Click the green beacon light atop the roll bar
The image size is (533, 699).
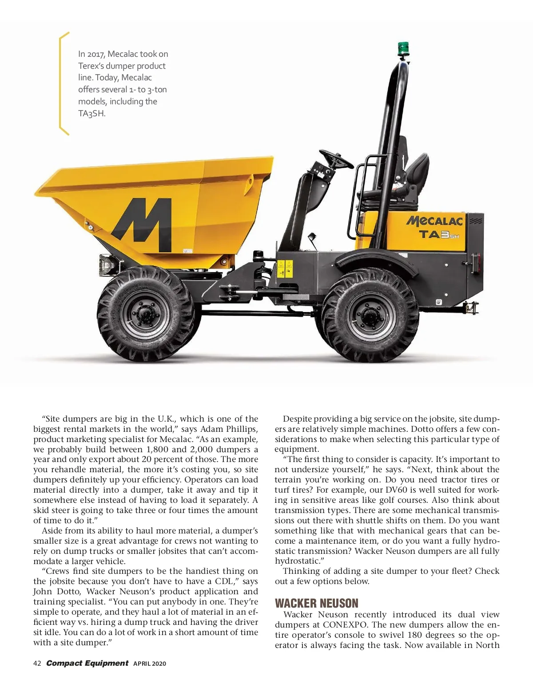coord(403,48)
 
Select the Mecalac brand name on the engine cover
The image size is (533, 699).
coord(435,221)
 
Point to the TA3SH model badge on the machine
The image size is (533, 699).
coord(439,234)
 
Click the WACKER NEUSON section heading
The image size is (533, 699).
coord(316,603)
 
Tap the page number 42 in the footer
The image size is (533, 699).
coord(37,663)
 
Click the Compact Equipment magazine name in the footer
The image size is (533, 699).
coord(87,663)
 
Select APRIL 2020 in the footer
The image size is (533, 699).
coord(150,664)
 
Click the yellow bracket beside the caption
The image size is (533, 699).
coord(63,83)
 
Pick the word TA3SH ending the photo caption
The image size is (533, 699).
coord(92,113)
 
